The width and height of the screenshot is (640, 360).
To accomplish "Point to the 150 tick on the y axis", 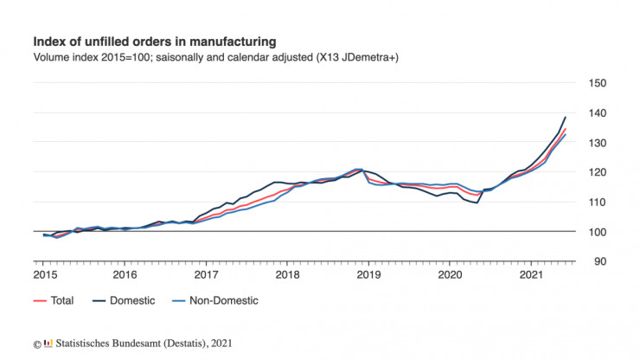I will pos(597,83).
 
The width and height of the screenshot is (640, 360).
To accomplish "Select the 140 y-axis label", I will pos(597,113).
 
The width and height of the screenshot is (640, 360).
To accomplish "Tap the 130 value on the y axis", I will pos(597,143).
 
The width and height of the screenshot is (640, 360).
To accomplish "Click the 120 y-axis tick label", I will pos(597,172).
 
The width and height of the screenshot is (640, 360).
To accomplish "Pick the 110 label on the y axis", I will pos(597,202).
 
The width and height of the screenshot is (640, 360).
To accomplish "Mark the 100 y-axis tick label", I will pos(597,232).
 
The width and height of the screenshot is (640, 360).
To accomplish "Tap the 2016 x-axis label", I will pos(125,274).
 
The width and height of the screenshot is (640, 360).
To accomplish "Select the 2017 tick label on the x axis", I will pos(207,274).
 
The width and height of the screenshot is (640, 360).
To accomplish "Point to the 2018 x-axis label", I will pos(288,274).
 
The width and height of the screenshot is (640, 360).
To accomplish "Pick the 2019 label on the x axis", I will pos(369,274).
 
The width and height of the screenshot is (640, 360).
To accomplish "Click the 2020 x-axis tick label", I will pos(451,274).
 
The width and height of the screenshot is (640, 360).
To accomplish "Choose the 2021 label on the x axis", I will pos(532,274).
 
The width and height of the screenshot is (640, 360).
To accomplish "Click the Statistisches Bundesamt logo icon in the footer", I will pos(48,344).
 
